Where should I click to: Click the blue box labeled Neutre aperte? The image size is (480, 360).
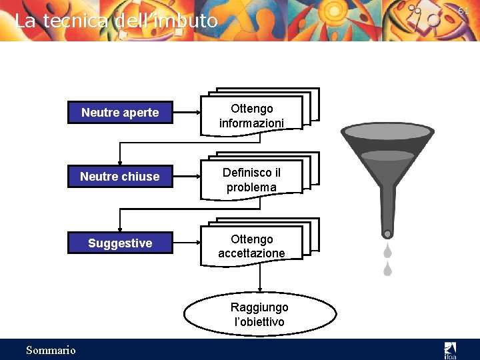pyautogui.click(x=120, y=113)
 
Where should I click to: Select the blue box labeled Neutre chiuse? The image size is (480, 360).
pyautogui.click(x=120, y=177)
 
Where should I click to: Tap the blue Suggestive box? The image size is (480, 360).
pyautogui.click(x=120, y=243)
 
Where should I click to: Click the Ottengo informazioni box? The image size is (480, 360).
pyautogui.click(x=252, y=115)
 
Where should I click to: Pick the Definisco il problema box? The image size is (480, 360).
pyautogui.click(x=251, y=179)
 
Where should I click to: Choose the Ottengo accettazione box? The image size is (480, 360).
pyautogui.click(x=251, y=246)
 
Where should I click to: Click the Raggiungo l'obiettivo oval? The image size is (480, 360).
pyautogui.click(x=259, y=315)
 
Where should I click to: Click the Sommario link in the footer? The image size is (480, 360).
pyautogui.click(x=51, y=350)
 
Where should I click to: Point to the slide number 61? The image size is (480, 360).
pyautogui.click(x=463, y=11)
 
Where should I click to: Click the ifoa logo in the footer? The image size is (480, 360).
pyautogui.click(x=451, y=349)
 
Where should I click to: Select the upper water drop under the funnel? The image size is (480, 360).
pyautogui.click(x=387, y=251)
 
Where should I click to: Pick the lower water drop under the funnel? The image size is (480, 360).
pyautogui.click(x=387, y=269)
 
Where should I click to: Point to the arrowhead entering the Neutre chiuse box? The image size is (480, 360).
pyautogui.click(x=120, y=162)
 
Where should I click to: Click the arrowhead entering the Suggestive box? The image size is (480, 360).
pyautogui.click(x=120, y=229)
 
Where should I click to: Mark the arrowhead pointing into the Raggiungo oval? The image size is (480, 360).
pyautogui.click(x=260, y=291)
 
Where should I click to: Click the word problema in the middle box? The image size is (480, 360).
pyautogui.click(x=251, y=187)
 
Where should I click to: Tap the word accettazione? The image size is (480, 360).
pyautogui.click(x=251, y=253)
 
